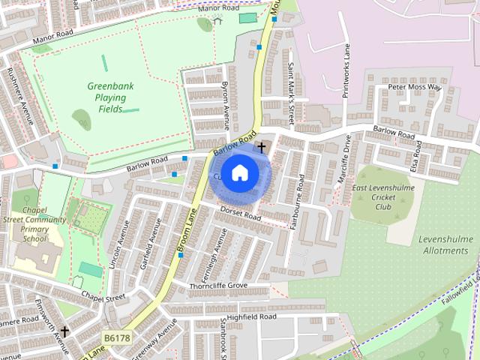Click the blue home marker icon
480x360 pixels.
coord(239,172)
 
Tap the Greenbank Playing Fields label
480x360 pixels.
coord(109,97)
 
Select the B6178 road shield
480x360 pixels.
coord(118,338)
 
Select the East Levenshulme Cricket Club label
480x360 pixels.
coord(383,196)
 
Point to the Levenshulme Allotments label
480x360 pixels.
coord(445,244)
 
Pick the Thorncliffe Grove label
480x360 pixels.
coord(217,286)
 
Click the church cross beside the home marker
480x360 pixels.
coord(261,147)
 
